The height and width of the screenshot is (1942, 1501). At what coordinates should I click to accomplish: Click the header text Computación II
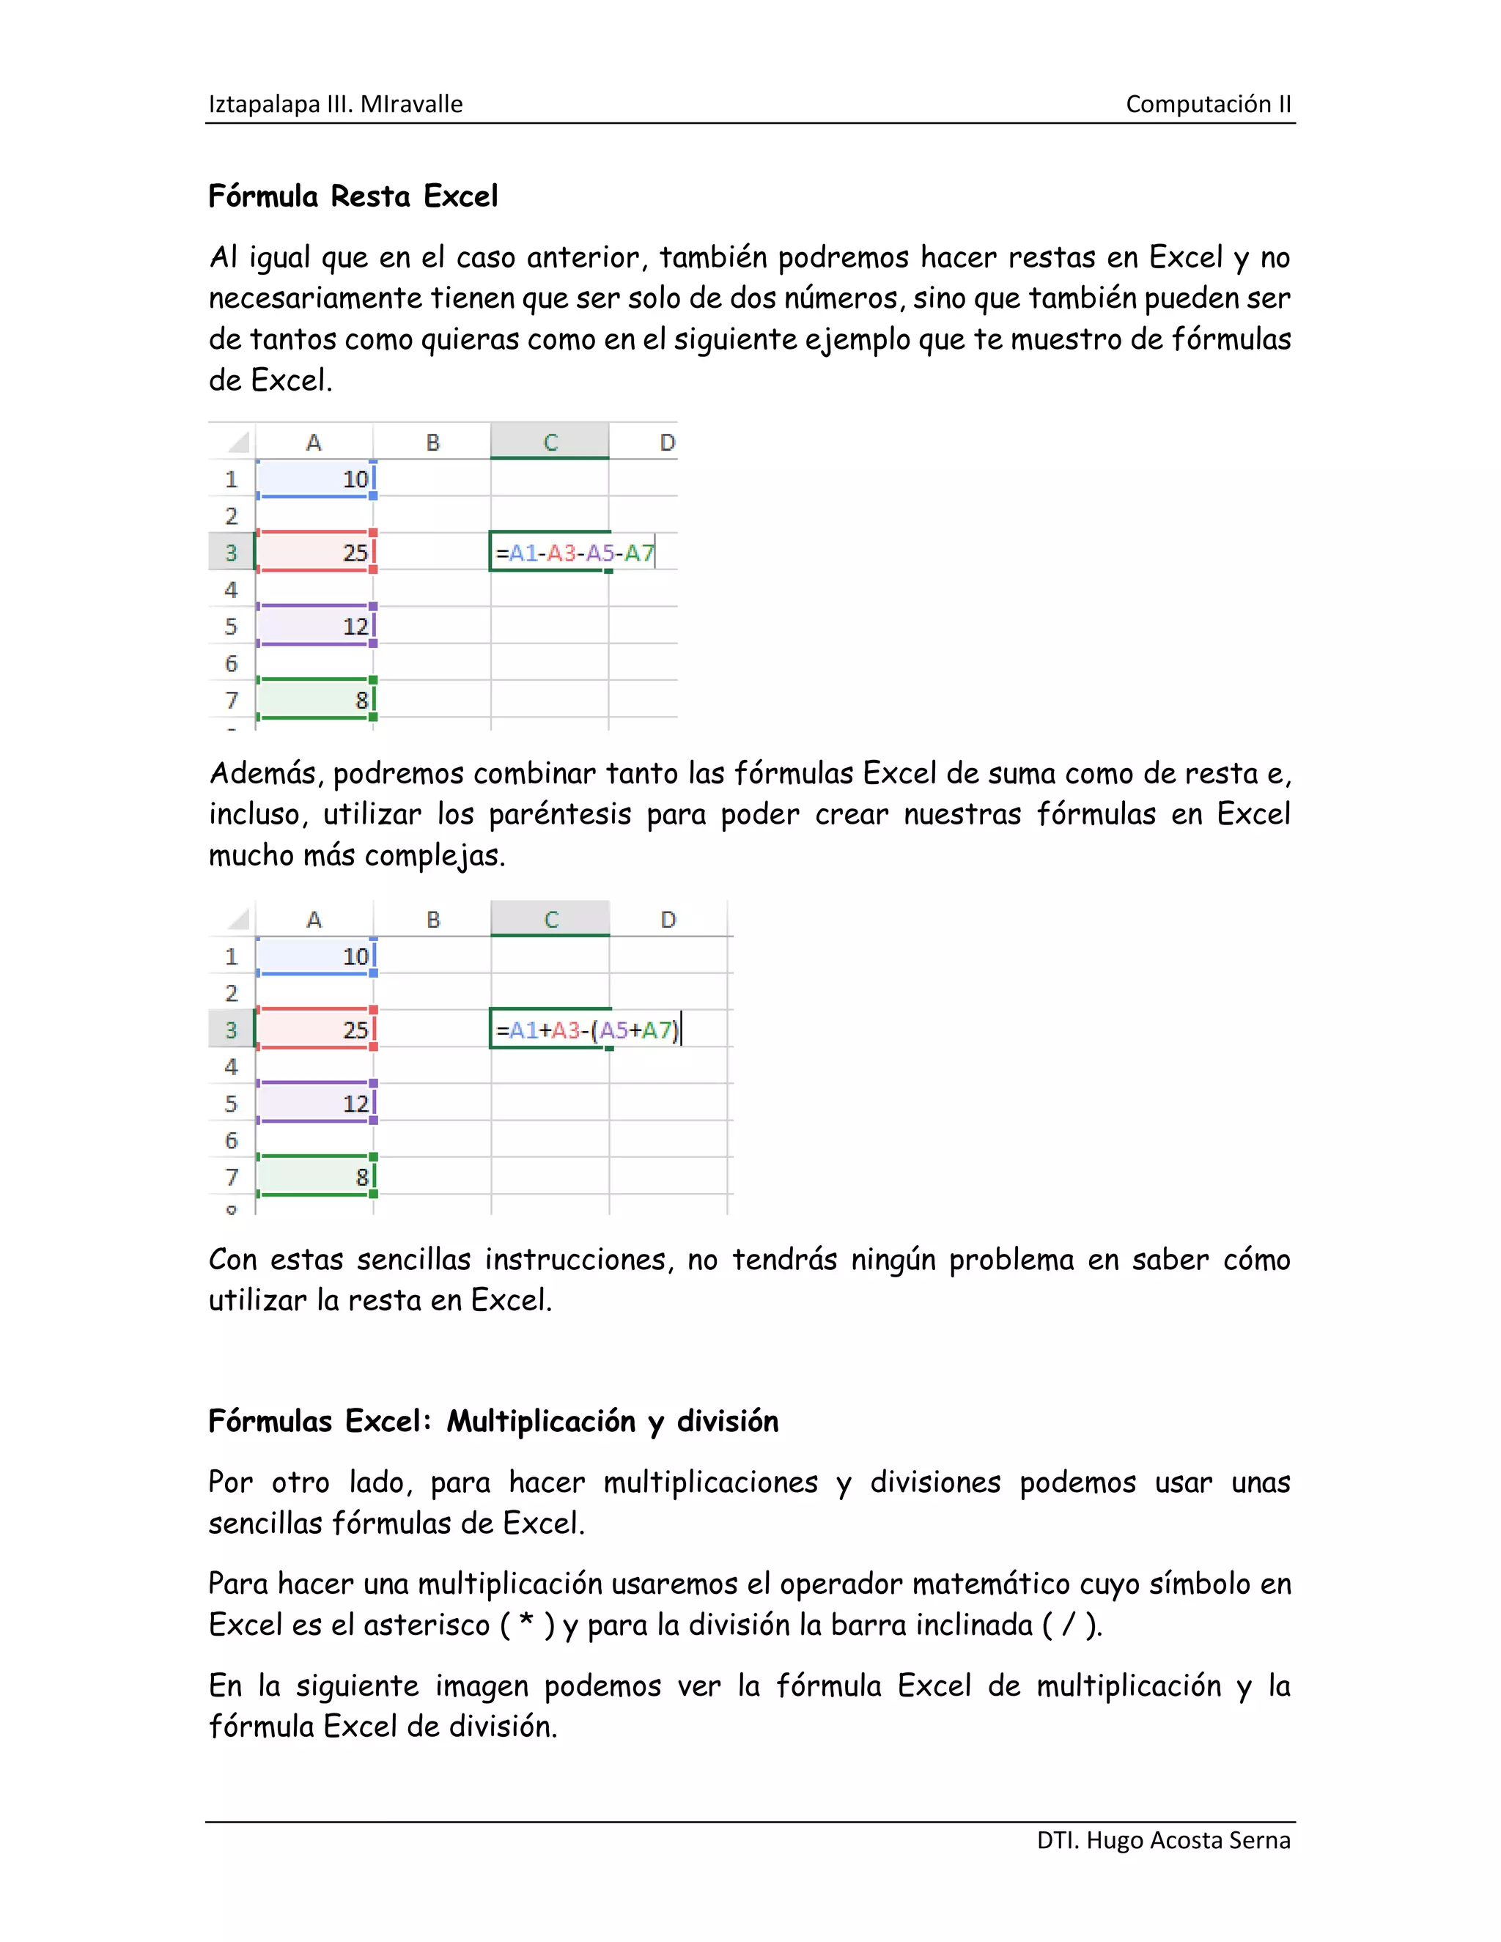coord(1208,104)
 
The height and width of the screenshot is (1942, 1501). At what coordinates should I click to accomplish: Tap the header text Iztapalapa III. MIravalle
coord(335,104)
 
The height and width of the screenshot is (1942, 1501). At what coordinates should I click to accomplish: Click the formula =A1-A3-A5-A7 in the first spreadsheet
coord(575,553)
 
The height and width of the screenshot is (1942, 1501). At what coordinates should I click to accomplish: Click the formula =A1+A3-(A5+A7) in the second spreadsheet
coord(587,1030)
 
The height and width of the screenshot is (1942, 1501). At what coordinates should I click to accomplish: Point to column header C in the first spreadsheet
coord(550,442)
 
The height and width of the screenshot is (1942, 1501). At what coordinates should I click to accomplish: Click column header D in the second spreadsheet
coord(668,920)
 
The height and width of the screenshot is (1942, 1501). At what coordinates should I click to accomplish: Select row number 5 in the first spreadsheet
coord(231,626)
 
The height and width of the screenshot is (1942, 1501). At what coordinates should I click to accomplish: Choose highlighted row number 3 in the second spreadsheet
coord(231,1030)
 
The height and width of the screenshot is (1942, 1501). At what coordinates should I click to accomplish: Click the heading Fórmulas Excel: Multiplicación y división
coord(493,1421)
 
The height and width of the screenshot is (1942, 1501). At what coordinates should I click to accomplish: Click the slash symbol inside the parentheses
coord(1067,1625)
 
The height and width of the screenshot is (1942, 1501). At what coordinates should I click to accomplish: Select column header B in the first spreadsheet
coord(433,442)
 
